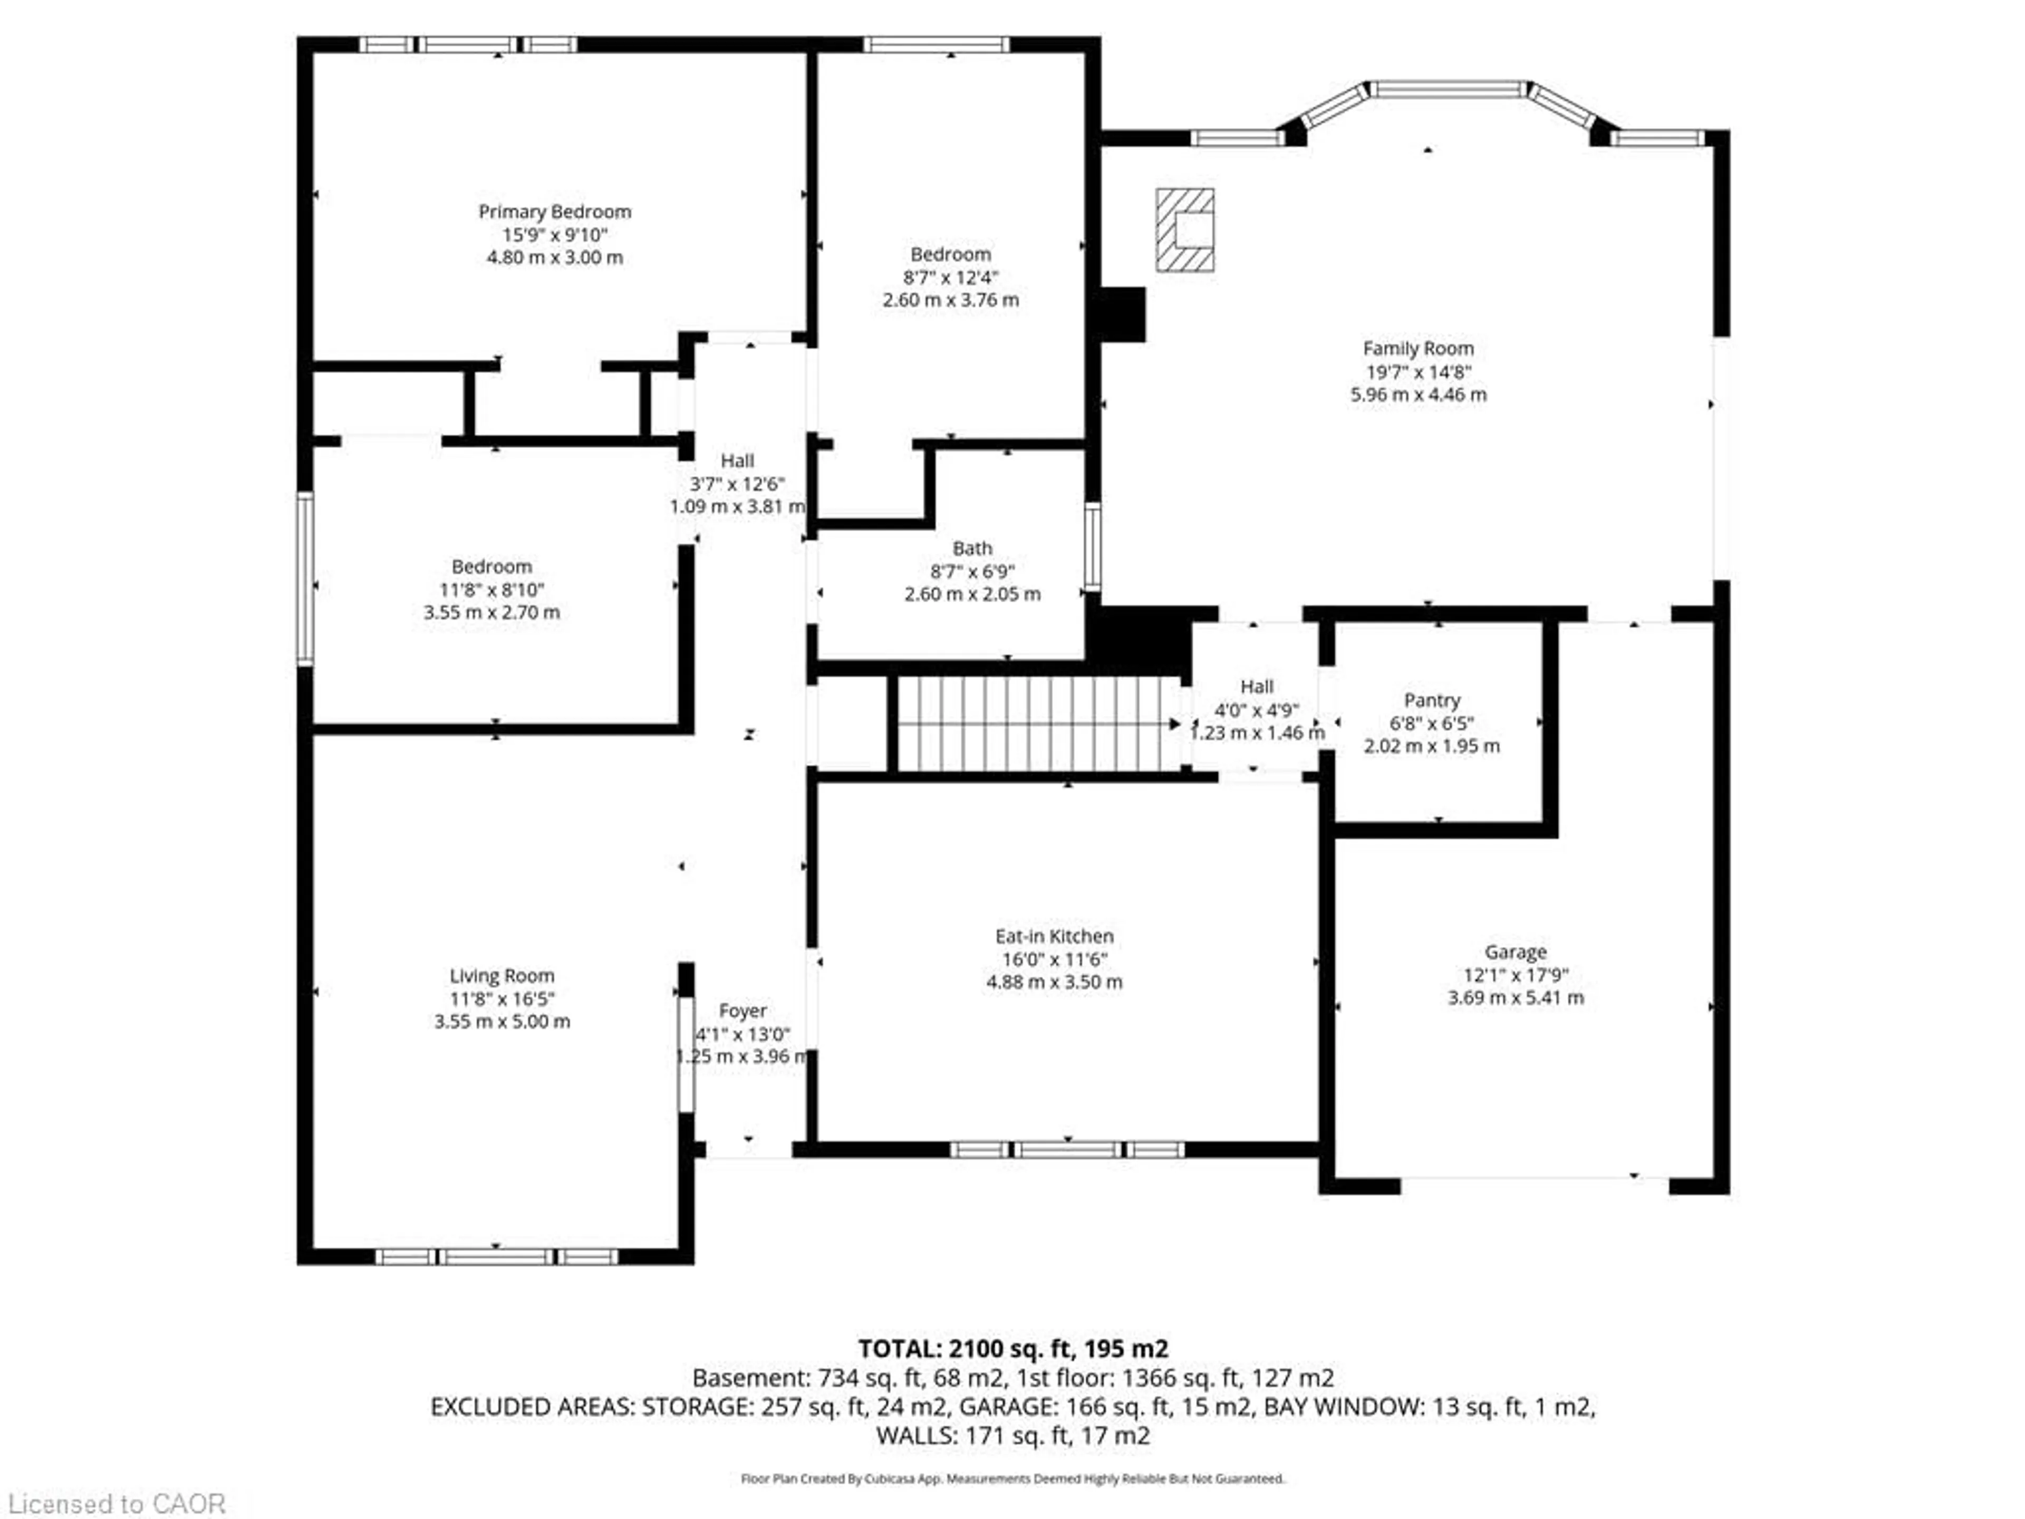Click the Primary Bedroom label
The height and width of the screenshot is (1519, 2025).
tap(555, 211)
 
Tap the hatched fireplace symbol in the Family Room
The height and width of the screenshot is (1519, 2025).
tap(1184, 230)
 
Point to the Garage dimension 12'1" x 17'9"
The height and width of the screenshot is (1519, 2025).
tap(1515, 975)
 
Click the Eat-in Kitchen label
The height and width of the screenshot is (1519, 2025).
tap(1054, 936)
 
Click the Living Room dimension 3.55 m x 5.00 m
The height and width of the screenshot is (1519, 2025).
tap(502, 1021)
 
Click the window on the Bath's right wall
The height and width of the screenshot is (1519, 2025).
tap(1092, 546)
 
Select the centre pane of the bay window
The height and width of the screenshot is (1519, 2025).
tap(1448, 89)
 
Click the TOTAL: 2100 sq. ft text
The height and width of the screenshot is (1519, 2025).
tap(1012, 1349)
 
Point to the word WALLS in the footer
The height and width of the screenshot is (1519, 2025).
tap(917, 1436)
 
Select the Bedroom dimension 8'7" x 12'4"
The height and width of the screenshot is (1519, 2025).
tap(950, 276)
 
